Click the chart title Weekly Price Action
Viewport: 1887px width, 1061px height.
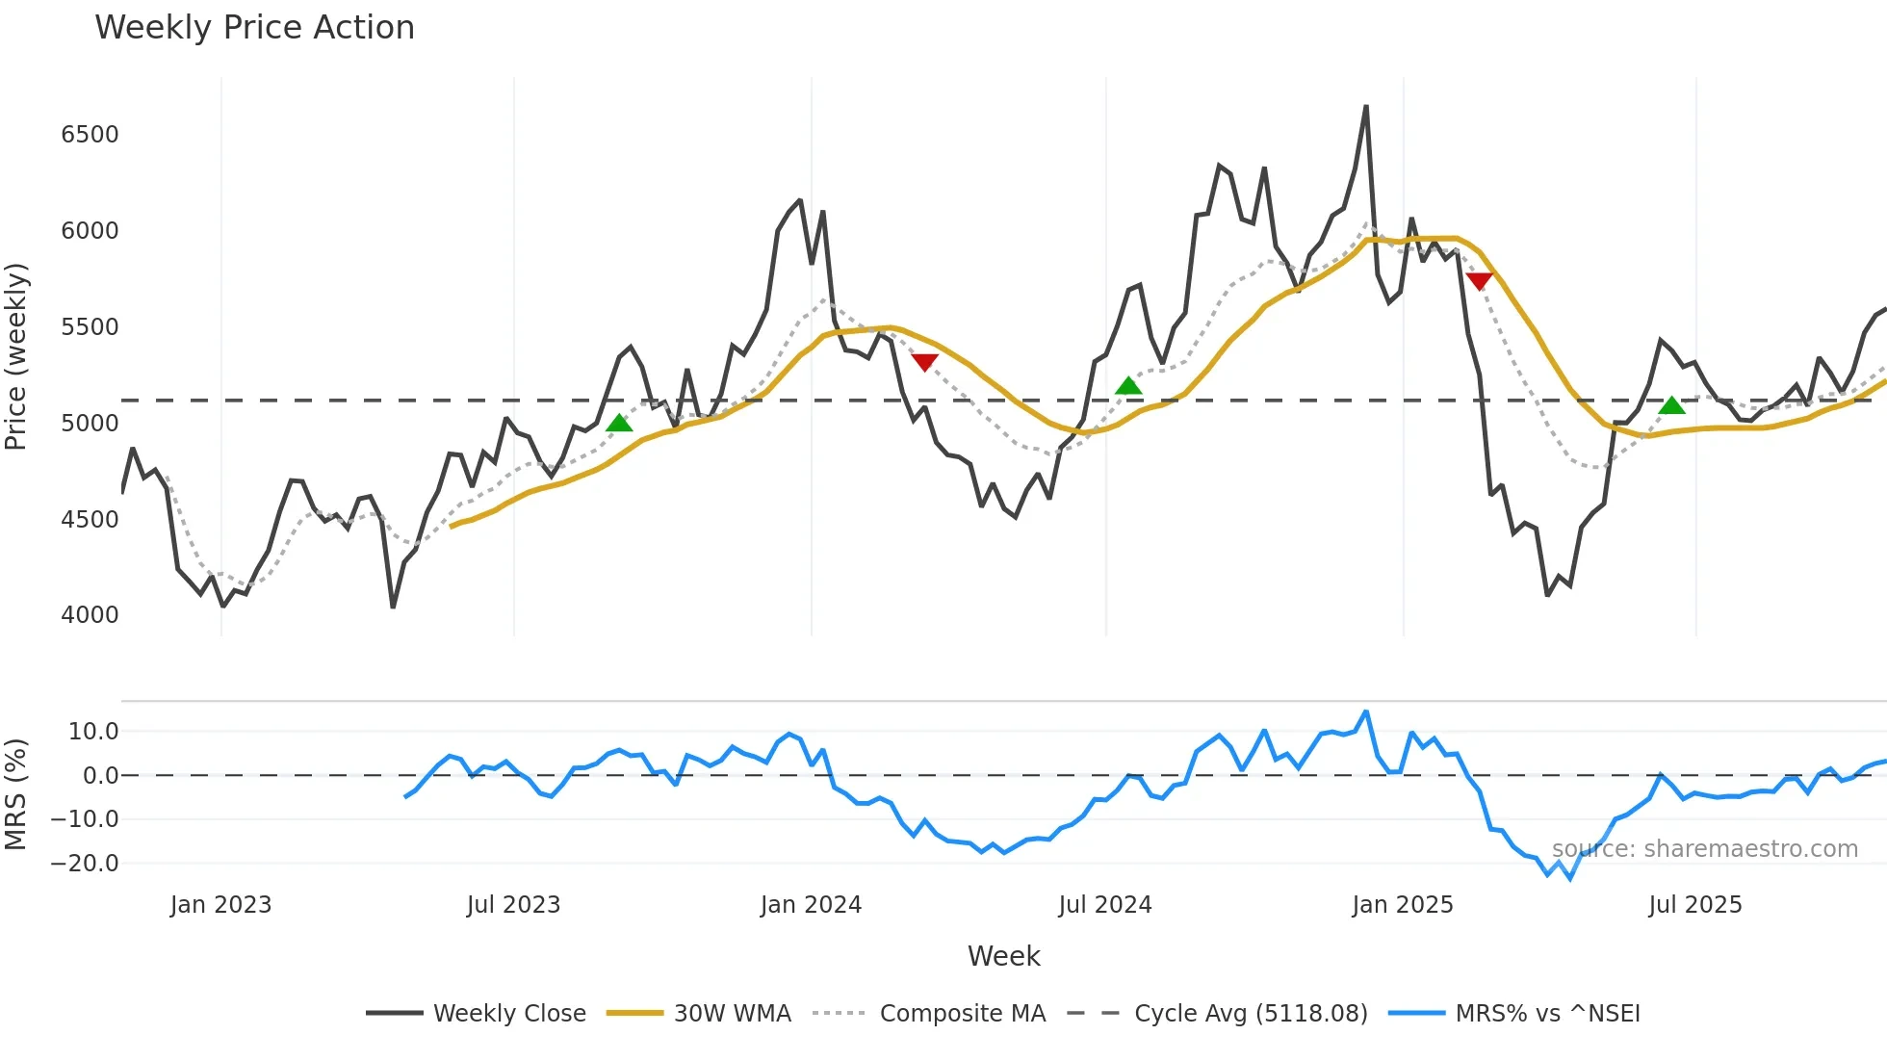(254, 28)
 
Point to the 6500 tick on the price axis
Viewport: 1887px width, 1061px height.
(90, 135)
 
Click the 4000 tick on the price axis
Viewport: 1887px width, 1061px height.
(90, 615)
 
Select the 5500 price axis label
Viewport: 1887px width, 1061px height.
(90, 327)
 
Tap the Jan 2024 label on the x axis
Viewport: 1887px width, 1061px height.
(811, 905)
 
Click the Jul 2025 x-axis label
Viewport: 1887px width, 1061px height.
(1694, 905)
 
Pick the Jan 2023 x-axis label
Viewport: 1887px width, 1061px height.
(220, 905)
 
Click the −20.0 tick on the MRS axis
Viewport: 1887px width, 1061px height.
(85, 864)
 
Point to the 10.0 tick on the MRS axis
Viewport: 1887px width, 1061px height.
(93, 732)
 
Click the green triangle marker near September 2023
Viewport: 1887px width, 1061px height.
(619, 424)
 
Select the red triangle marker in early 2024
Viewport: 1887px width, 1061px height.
(924, 362)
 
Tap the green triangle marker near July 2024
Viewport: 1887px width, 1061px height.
(1128, 386)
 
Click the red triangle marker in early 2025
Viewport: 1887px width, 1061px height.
(1479, 281)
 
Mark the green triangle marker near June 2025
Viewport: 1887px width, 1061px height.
(1672, 405)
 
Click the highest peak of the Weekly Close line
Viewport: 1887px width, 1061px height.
(1366, 107)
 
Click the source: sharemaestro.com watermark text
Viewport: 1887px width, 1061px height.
(1704, 849)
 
